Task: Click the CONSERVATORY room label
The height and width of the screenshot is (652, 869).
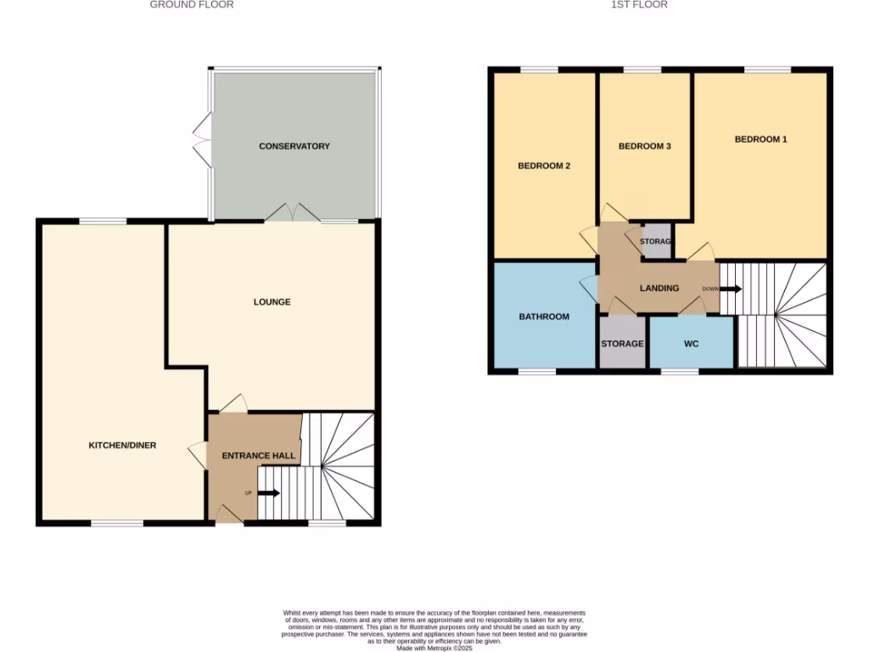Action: [294, 146]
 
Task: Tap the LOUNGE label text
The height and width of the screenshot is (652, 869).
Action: [272, 301]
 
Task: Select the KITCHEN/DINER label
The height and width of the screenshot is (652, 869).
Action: [122, 445]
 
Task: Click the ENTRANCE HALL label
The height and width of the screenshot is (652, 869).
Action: [259, 456]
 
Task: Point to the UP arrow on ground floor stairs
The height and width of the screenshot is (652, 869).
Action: [269, 492]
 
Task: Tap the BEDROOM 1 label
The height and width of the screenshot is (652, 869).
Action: [760, 138]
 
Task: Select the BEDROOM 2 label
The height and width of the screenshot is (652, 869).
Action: [543, 166]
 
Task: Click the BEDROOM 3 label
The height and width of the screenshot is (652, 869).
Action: [644, 146]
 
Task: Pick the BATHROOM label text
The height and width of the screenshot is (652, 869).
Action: [543, 317]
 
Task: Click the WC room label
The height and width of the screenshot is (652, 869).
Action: [691, 344]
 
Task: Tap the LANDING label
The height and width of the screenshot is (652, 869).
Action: [659, 288]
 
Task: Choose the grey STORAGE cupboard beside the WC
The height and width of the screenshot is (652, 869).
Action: [622, 343]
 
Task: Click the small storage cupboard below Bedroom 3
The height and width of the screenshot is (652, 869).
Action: [656, 241]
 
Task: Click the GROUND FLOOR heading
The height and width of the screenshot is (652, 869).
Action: [191, 4]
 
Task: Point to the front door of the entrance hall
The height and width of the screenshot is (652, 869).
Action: [226, 514]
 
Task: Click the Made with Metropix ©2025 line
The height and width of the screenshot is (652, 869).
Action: [434, 647]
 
